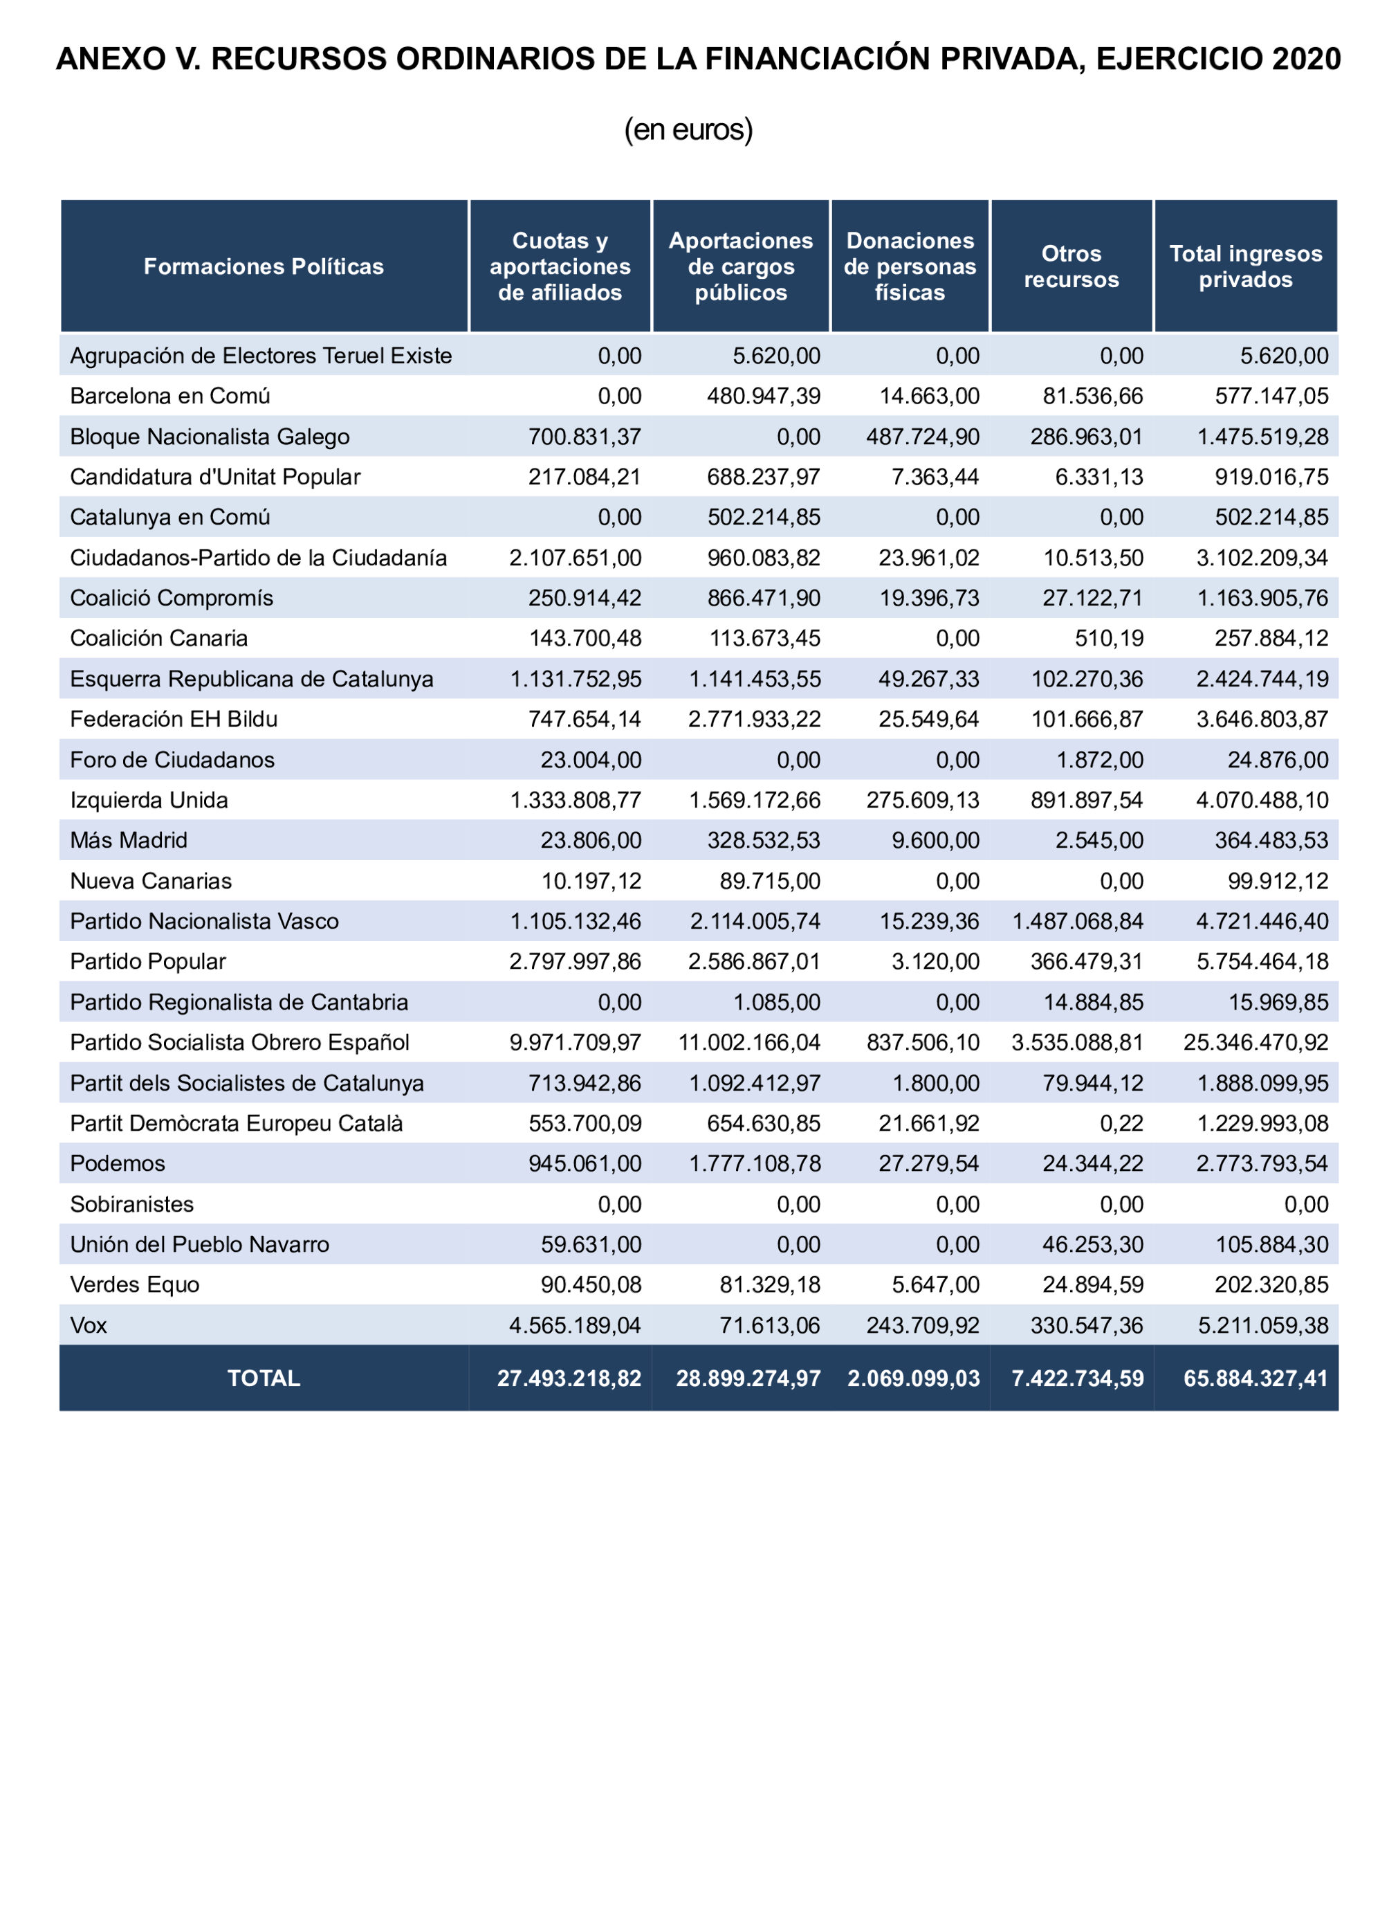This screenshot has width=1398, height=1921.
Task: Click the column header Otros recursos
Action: click(x=1070, y=266)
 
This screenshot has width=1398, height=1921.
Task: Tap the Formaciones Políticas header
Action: click(x=264, y=266)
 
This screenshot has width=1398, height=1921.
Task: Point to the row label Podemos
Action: click(x=117, y=1163)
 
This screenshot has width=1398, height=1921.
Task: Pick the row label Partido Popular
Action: click(x=147, y=961)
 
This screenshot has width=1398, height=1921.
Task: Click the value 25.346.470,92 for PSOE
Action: click(x=1256, y=1042)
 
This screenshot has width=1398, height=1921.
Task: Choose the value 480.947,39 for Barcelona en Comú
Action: click(x=763, y=396)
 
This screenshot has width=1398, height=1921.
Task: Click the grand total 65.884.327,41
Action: click(x=1256, y=1378)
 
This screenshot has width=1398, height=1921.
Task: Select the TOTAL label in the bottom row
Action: click(x=264, y=1378)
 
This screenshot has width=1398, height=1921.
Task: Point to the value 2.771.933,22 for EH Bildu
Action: click(x=753, y=719)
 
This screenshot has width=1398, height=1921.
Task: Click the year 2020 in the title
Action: click(x=1306, y=60)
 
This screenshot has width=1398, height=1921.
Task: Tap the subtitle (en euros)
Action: click(x=688, y=129)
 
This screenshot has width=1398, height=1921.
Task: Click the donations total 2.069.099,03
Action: click(x=913, y=1378)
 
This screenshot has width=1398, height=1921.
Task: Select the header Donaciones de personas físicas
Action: click(x=910, y=266)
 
